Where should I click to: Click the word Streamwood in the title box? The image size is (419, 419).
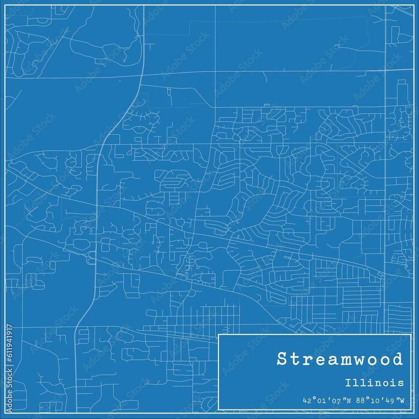click(340, 360)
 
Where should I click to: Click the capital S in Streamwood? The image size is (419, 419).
click(282, 360)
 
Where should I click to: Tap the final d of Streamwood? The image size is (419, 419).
click(397, 360)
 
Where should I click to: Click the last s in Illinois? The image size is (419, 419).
click(401, 383)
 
